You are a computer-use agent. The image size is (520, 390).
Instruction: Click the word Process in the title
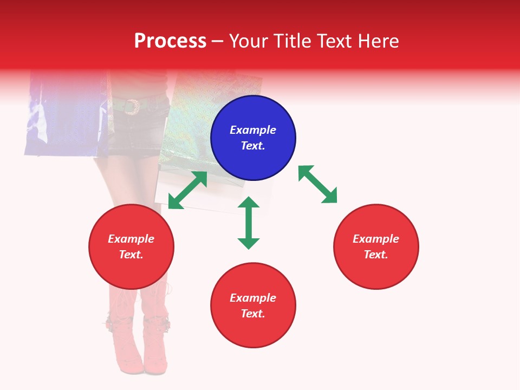point(170,41)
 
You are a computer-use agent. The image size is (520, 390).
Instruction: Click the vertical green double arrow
point(249,223)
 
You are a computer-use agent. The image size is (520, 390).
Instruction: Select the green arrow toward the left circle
point(187,190)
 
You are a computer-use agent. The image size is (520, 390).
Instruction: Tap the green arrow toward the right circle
point(317,184)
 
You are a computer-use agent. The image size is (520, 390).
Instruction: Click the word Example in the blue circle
point(253,130)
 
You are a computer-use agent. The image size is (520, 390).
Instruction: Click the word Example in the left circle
point(131,239)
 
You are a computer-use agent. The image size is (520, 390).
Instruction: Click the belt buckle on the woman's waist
point(131,107)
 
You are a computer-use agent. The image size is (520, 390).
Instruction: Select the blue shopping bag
point(65,116)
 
